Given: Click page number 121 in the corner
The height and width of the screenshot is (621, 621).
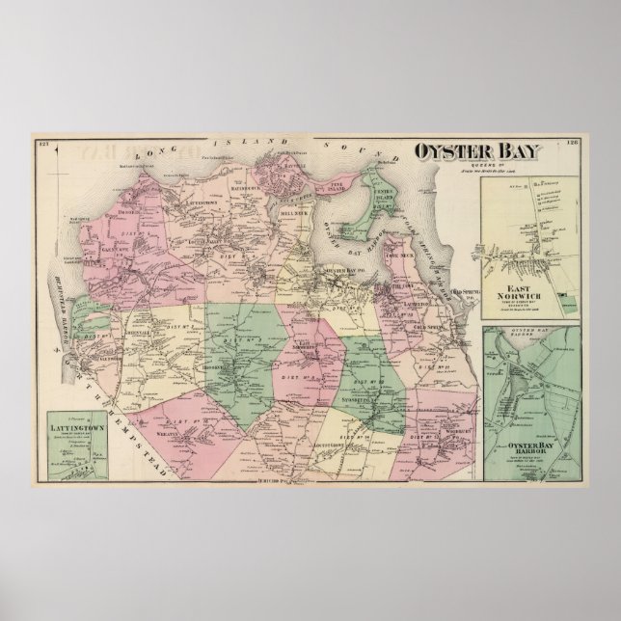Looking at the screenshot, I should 41,146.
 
